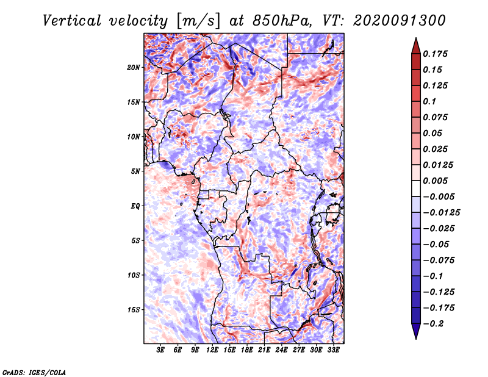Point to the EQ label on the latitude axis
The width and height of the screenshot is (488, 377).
(x=136, y=206)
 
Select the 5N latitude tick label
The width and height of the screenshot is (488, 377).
(x=136, y=171)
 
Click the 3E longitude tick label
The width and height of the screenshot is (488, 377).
(x=160, y=350)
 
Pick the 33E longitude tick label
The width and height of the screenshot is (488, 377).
(x=333, y=350)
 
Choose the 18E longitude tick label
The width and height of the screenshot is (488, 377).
(x=247, y=350)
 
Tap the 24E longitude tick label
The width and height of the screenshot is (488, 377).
(x=281, y=350)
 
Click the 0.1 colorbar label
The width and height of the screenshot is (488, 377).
(x=431, y=101)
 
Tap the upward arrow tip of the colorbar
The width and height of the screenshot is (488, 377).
(x=415, y=40)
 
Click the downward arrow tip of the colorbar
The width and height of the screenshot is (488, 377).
(x=415, y=337)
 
